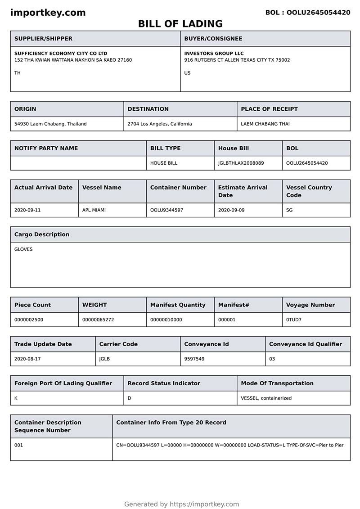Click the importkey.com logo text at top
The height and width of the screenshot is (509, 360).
[x=48, y=13]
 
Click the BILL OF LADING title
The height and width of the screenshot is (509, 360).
[x=180, y=24]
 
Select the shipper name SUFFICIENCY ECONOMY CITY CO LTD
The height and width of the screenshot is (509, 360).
[x=61, y=53]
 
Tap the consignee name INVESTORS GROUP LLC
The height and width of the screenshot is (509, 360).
[x=214, y=53]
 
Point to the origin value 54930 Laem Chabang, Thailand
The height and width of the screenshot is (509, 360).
[x=50, y=124]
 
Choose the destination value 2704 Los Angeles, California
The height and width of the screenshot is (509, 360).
[x=159, y=124]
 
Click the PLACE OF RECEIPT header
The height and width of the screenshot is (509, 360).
[x=269, y=109]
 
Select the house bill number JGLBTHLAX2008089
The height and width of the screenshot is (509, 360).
[x=241, y=163]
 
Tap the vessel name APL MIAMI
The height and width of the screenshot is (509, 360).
[x=94, y=210]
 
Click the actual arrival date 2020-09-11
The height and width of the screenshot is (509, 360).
[x=27, y=210]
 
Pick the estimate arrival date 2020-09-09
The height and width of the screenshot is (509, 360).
[x=231, y=210]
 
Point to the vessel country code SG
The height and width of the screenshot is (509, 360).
[x=289, y=210]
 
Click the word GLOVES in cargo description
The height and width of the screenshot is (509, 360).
[x=23, y=249]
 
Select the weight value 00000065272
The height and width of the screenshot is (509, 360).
[x=98, y=320]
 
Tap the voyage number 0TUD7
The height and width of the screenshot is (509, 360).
[x=294, y=320]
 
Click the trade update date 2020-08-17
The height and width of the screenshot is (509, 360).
[x=27, y=359]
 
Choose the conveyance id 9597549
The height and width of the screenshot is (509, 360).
[x=194, y=359]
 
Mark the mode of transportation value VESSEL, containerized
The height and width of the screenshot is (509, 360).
[x=266, y=398]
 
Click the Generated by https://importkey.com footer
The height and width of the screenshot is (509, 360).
[x=181, y=504]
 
